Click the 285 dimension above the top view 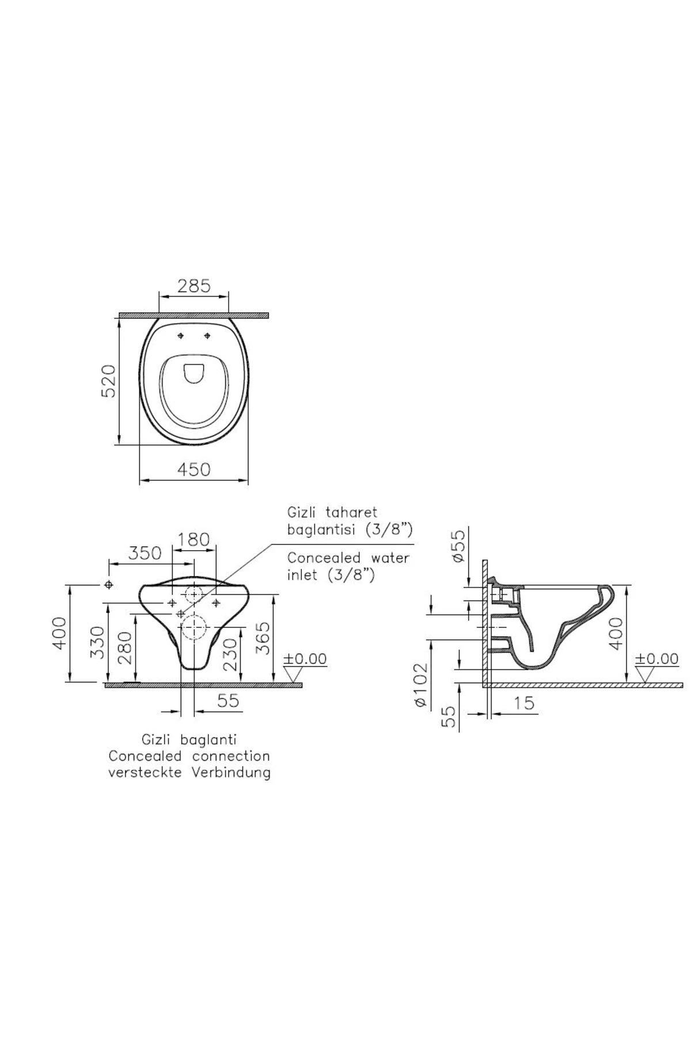tap(194, 286)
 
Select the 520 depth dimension tap(109, 380)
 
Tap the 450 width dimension tap(193, 470)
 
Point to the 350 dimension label tap(145, 553)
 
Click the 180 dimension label tap(193, 540)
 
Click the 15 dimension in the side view tap(523, 703)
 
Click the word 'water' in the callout tap(386, 558)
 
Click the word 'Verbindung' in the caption tap(232, 772)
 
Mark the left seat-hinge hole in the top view tap(181, 336)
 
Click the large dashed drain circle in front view tap(194, 626)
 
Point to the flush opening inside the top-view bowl tap(193, 373)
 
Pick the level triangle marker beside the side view tap(644, 674)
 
